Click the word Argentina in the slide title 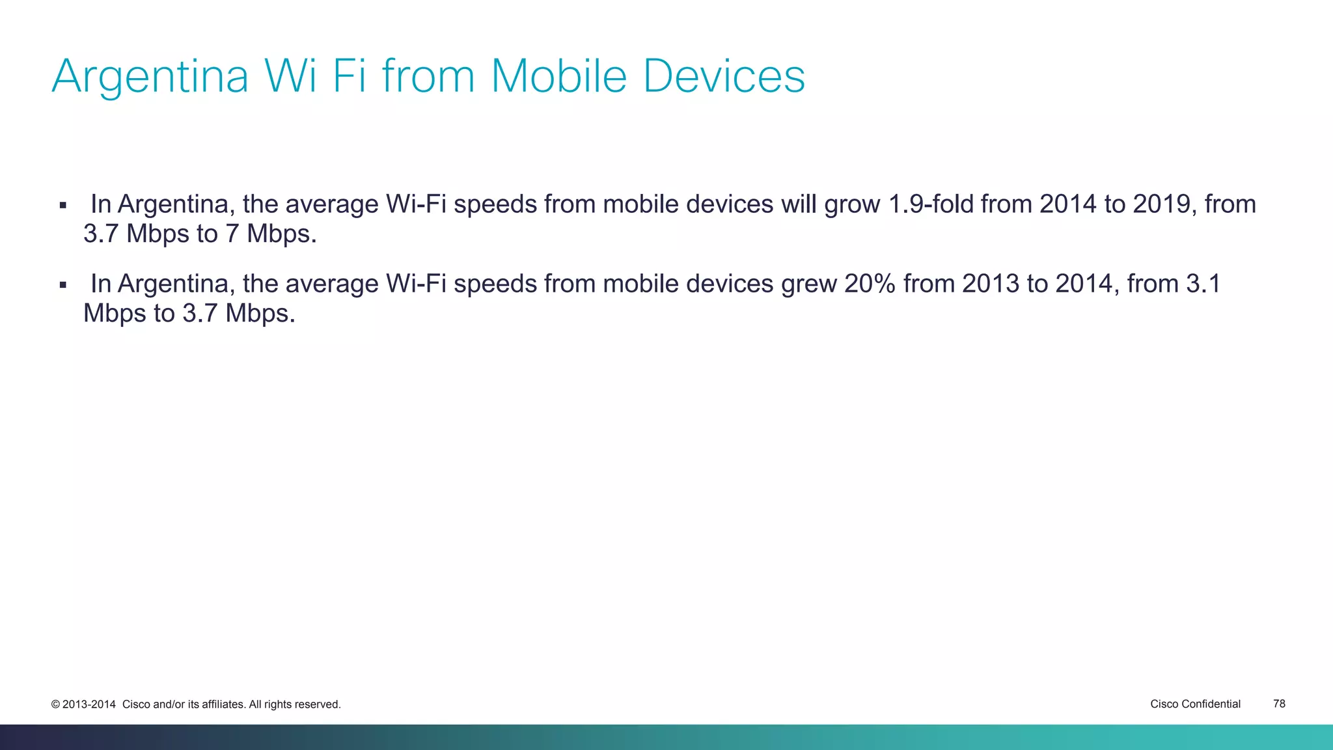point(150,77)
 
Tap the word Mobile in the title point(558,76)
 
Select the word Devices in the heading point(724,76)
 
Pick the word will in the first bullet point(799,204)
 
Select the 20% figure point(870,284)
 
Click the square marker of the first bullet point(63,206)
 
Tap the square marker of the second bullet point(63,285)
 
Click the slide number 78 point(1279,704)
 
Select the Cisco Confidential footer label point(1195,704)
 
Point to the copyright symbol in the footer point(55,704)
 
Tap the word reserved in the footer point(318,704)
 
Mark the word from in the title point(428,76)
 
